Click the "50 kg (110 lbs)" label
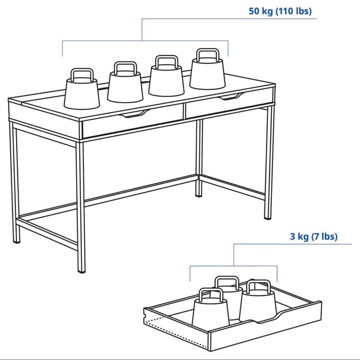click(x=280, y=11)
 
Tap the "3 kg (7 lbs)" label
click(x=314, y=236)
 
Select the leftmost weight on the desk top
click(x=82, y=89)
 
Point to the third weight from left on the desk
click(x=166, y=75)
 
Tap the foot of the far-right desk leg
click(x=268, y=218)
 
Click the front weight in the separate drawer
click(x=210, y=307)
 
